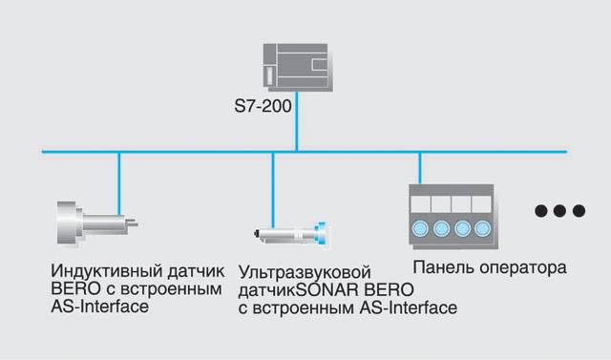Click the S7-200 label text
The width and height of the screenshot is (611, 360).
263,106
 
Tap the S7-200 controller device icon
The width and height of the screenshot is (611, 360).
298,68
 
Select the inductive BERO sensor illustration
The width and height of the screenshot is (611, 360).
96,223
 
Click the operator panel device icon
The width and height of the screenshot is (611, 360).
453,216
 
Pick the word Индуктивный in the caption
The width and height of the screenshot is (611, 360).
106,271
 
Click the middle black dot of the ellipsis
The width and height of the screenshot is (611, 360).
559,211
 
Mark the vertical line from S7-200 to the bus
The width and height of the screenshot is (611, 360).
297,121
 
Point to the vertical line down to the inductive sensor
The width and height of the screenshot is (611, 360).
119,183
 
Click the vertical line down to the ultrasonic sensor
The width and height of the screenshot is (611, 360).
273,190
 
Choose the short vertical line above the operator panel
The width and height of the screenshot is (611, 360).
420,168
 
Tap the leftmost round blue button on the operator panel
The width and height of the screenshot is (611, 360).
420,228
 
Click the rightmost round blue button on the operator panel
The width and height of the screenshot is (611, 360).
483,228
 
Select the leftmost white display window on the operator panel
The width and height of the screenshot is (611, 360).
420,204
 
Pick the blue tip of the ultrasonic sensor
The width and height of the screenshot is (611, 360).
322,234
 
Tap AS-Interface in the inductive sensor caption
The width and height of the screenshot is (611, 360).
99,307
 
